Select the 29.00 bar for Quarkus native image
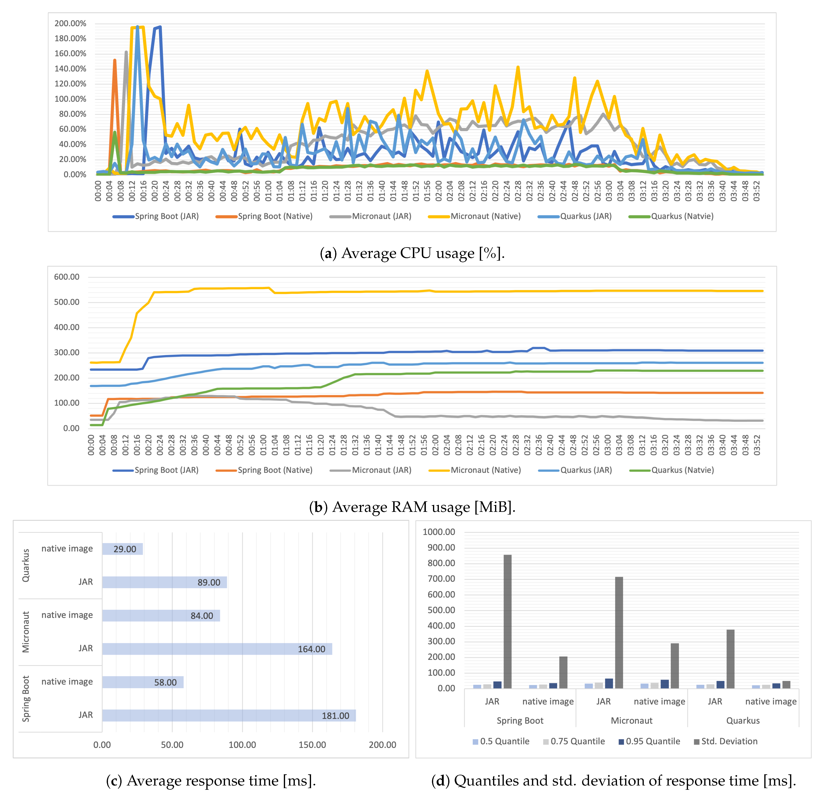[x=123, y=549]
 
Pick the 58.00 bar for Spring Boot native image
[x=143, y=682]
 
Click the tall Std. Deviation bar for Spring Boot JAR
[x=507, y=621]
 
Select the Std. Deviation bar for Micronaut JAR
[x=619, y=633]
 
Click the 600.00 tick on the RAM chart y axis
[x=67, y=277]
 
